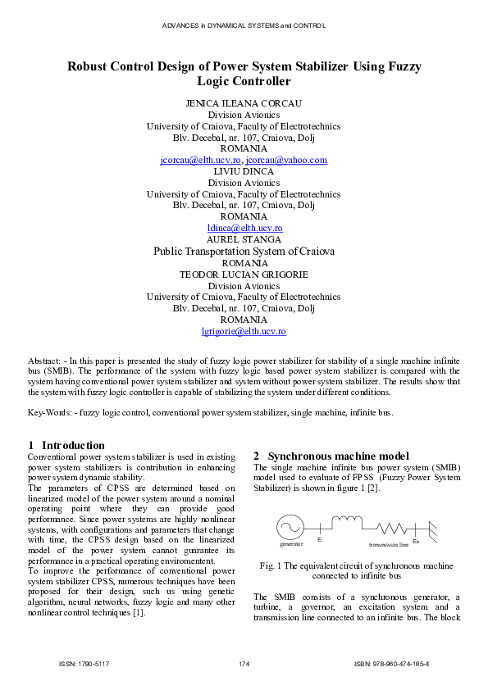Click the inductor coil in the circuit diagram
pos(345,521)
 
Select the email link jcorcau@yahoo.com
pos(285,161)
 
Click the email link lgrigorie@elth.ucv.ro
pos(244,331)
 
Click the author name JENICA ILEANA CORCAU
pos(244,103)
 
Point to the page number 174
pos(244,662)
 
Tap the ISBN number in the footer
pos(391,662)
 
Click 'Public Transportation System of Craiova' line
pos(244,252)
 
